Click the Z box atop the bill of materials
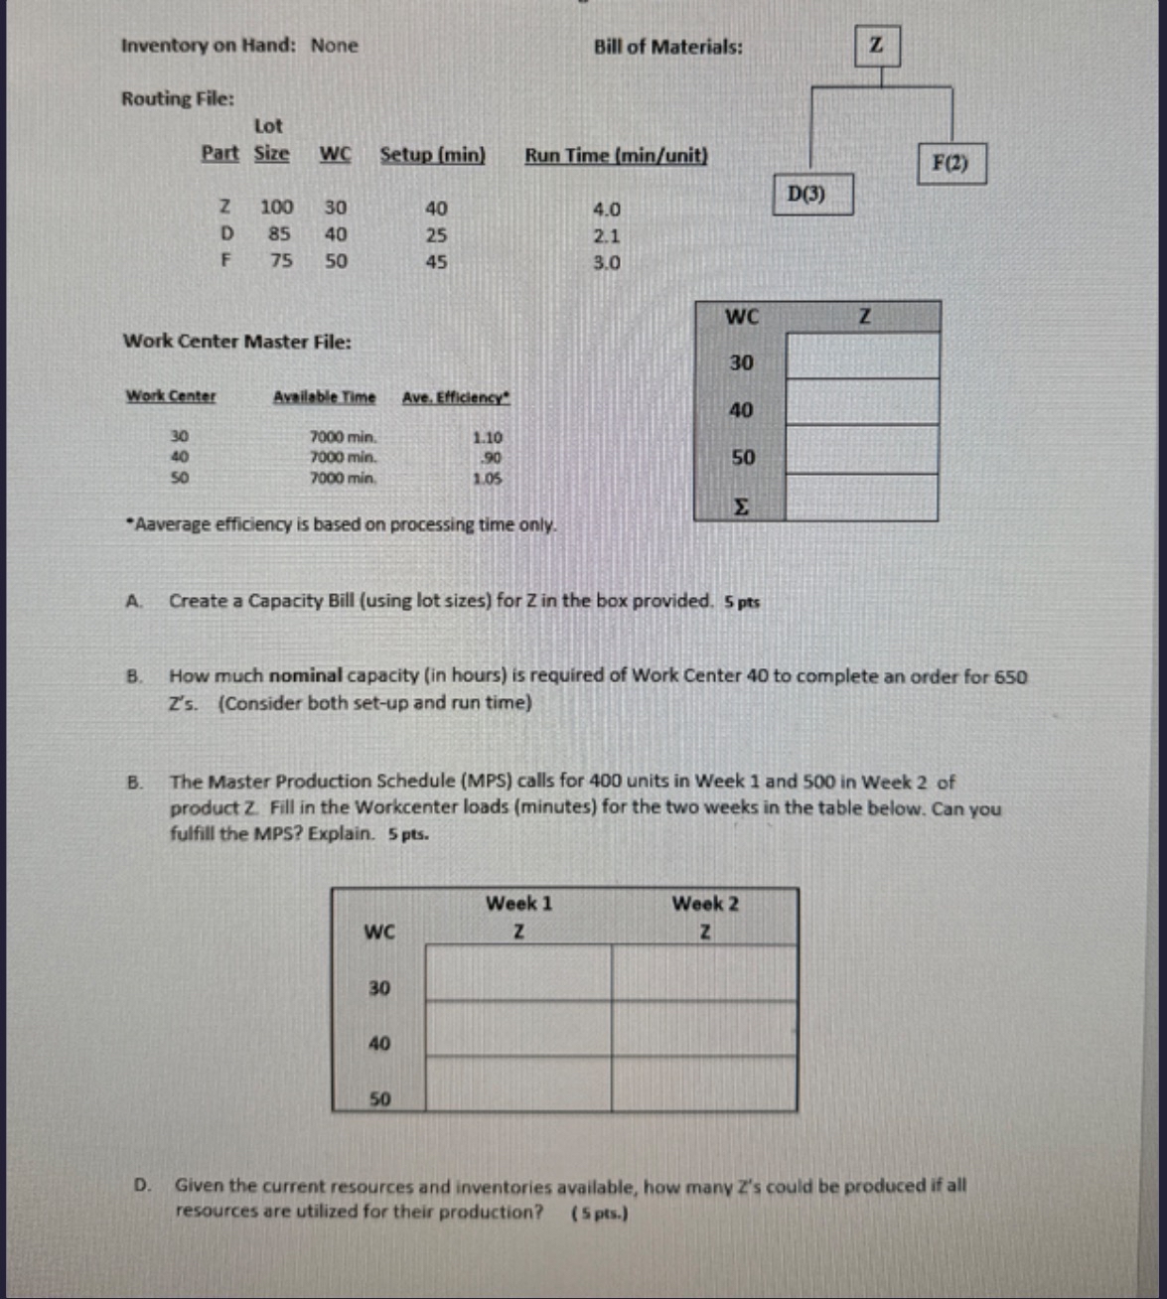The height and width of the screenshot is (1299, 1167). click(877, 46)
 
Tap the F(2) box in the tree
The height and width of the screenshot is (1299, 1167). click(950, 163)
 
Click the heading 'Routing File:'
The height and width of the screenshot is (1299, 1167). click(178, 98)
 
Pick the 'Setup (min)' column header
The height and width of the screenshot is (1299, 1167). click(433, 155)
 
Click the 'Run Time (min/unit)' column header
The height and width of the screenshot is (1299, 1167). click(616, 156)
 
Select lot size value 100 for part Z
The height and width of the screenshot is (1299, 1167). click(276, 208)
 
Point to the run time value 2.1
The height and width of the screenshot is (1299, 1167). click(606, 236)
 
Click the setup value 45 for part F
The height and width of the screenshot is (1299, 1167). click(436, 262)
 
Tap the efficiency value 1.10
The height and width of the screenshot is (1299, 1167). click(487, 437)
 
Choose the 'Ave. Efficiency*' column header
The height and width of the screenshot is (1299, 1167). click(456, 397)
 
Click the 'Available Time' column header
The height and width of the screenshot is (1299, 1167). click(325, 397)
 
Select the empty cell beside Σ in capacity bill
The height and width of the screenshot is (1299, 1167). click(861, 499)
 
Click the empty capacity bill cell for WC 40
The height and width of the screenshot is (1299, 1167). click(861, 402)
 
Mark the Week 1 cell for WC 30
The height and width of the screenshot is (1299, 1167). click(517, 973)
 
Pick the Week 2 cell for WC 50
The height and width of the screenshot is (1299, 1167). click(703, 1084)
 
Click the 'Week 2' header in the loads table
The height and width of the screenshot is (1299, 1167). click(704, 904)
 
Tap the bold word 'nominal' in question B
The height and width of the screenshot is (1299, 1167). click(305, 676)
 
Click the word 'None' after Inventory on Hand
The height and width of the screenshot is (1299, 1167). click(334, 46)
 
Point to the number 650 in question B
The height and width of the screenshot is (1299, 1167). click(1010, 677)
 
